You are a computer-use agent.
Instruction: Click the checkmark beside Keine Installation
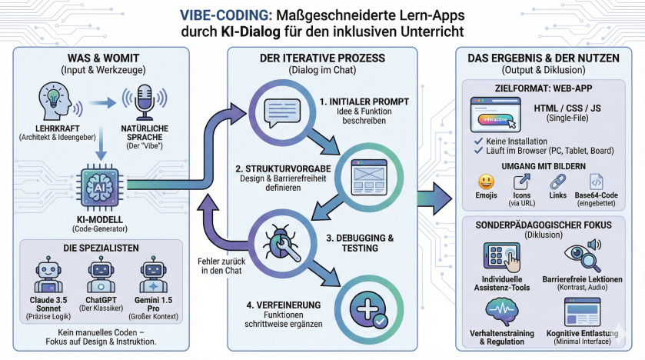point(479,142)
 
